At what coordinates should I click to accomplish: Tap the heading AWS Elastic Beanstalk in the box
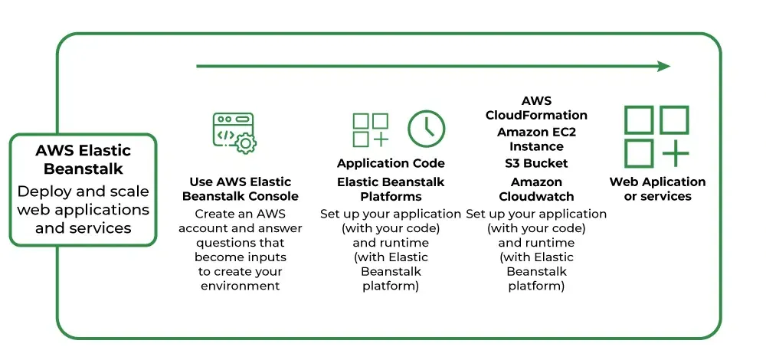coord(83,159)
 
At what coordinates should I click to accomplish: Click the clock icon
coord(426,129)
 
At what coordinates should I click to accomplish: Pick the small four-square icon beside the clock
coord(371,129)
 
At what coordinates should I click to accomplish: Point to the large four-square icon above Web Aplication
coord(656,136)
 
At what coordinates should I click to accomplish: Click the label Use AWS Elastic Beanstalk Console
coord(241,189)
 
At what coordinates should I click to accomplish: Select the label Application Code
coord(391,163)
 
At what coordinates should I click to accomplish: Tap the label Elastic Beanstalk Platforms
coord(391,189)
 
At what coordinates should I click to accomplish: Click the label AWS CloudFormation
coord(536,108)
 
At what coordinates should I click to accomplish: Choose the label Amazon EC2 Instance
coord(536,139)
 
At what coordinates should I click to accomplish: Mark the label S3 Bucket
coord(536,163)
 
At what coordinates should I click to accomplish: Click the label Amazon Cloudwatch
coord(536,189)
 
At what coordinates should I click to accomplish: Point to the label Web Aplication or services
coord(657,189)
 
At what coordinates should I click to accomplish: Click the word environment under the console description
coord(241,286)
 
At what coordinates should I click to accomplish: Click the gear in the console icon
coord(246,142)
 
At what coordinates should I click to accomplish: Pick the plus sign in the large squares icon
coord(675,153)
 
